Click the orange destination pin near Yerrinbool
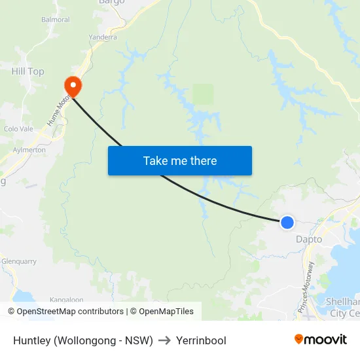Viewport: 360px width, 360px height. pos(71,86)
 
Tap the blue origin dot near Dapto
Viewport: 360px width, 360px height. pos(287,223)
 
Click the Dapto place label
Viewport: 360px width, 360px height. pos(309,240)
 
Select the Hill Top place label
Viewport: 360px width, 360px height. pos(27,71)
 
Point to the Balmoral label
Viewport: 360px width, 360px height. pos(55,20)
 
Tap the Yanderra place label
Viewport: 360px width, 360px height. pos(103,37)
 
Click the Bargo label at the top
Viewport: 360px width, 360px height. pos(111,3)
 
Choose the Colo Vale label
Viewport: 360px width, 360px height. pos(18,129)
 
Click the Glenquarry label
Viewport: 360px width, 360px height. pos(19,261)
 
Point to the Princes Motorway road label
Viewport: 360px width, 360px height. pos(306,286)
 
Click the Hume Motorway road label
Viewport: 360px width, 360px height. pos(58,109)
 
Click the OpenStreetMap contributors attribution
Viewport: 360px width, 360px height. pos(65,312)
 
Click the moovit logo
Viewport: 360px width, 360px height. pos(321,339)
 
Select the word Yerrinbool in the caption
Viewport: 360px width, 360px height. pos(201,340)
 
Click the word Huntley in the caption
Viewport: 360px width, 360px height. pos(31,340)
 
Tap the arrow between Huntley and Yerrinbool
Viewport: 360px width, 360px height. pos(164,340)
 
